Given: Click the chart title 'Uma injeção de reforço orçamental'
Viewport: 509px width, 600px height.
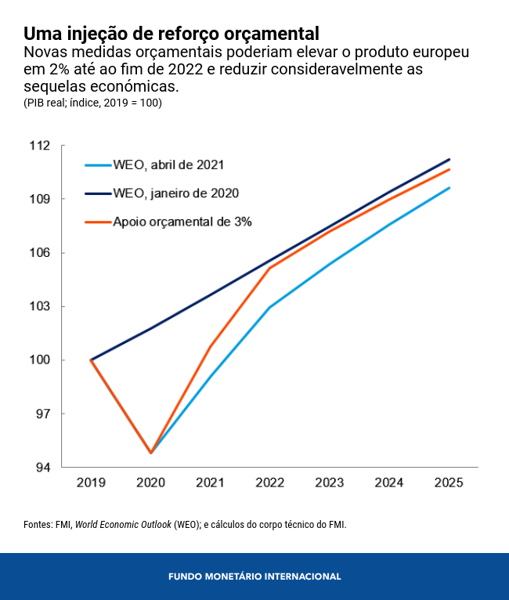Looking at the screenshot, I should [x=171, y=34].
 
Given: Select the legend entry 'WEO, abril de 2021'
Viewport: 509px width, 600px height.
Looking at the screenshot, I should [x=168, y=164].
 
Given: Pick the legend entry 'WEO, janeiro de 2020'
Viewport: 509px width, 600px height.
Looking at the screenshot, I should [x=175, y=193].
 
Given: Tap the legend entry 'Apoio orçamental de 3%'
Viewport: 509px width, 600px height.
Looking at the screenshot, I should [x=182, y=222].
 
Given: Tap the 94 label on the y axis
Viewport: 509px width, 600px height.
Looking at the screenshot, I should [x=41, y=468].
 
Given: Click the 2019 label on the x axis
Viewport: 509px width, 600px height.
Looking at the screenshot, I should [x=91, y=483].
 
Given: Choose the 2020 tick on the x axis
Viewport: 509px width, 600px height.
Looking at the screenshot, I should [x=150, y=483].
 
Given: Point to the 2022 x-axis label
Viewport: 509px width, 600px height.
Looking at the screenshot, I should [x=269, y=483].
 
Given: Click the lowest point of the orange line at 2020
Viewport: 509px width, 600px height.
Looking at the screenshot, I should [x=150, y=453].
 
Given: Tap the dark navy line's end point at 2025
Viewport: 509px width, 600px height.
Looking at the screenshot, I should [x=449, y=159].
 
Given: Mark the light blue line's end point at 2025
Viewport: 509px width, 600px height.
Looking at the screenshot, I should [x=449, y=187].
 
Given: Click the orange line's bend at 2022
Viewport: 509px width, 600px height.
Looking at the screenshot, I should [x=269, y=269].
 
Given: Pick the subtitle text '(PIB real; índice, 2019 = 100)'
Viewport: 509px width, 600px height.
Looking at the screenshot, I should [x=92, y=103].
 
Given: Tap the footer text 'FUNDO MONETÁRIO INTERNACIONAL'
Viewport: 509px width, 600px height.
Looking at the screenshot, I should [x=254, y=577].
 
